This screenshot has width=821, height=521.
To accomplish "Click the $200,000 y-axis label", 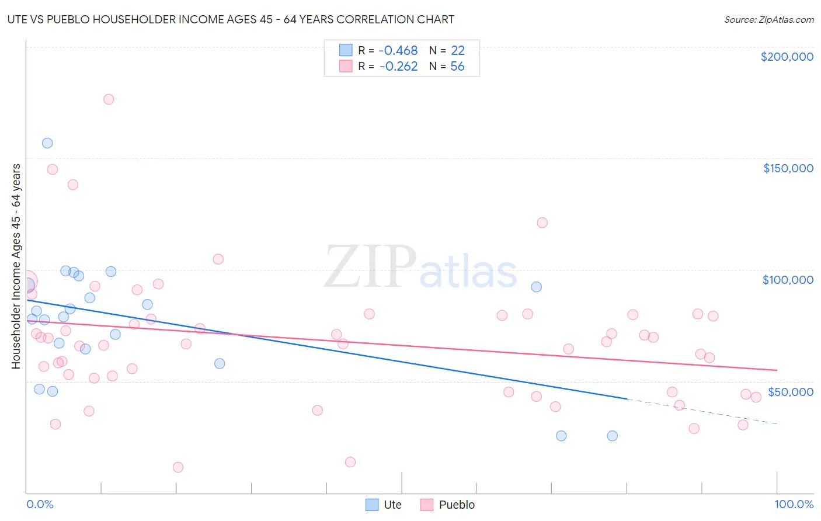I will (x=787, y=57).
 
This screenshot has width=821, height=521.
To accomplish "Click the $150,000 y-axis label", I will (x=788, y=168).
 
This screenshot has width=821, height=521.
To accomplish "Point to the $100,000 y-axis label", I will (x=788, y=280).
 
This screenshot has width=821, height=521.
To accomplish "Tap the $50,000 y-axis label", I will (x=790, y=391).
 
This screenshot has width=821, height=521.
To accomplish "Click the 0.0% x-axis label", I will (x=40, y=504).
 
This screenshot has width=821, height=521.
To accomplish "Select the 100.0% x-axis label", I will (x=794, y=504).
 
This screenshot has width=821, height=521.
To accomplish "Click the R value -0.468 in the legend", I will (x=398, y=51).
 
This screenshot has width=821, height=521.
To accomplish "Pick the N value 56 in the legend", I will (x=457, y=67).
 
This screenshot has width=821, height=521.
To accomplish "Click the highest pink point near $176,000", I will (x=109, y=99).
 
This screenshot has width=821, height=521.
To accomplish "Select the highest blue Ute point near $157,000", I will (x=47, y=143).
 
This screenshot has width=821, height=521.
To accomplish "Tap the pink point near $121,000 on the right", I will (x=542, y=223).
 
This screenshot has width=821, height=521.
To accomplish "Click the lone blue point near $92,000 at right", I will (x=536, y=287).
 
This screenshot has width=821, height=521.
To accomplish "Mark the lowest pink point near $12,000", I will (x=178, y=467).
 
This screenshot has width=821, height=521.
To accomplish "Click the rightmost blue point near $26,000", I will (x=612, y=436).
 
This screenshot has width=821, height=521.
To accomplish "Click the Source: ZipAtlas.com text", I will (x=768, y=20).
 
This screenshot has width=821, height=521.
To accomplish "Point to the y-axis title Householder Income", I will (x=16, y=266).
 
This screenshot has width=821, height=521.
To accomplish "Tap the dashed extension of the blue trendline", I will (x=701, y=411).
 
